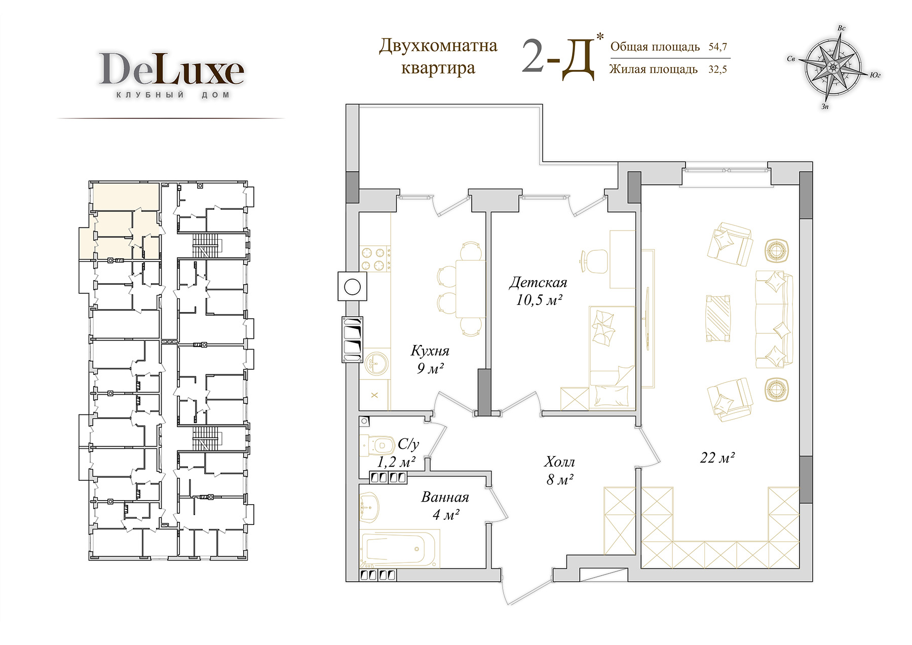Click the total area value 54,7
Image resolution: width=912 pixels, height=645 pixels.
coord(717,47)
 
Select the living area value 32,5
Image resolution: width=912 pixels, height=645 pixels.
coord(717,69)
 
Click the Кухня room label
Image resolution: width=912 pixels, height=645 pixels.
coord(430,351)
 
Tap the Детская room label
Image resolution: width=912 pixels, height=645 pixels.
coord(538,282)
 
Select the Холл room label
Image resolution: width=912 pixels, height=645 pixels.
coord(559,462)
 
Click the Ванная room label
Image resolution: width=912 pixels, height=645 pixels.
coord(445,497)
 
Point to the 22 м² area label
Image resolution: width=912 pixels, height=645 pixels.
coord(717,458)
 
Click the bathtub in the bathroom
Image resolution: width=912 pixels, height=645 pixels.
coord(400,549)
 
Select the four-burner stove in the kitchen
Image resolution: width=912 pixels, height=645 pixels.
coord(375,259)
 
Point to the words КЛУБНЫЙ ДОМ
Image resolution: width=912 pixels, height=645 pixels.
coord(173,95)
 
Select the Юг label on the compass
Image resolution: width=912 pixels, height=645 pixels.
coord(875,75)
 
